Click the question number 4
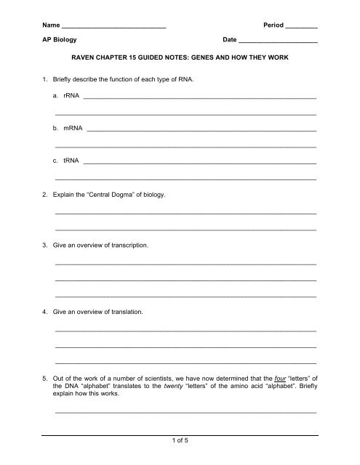coord(45,311)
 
